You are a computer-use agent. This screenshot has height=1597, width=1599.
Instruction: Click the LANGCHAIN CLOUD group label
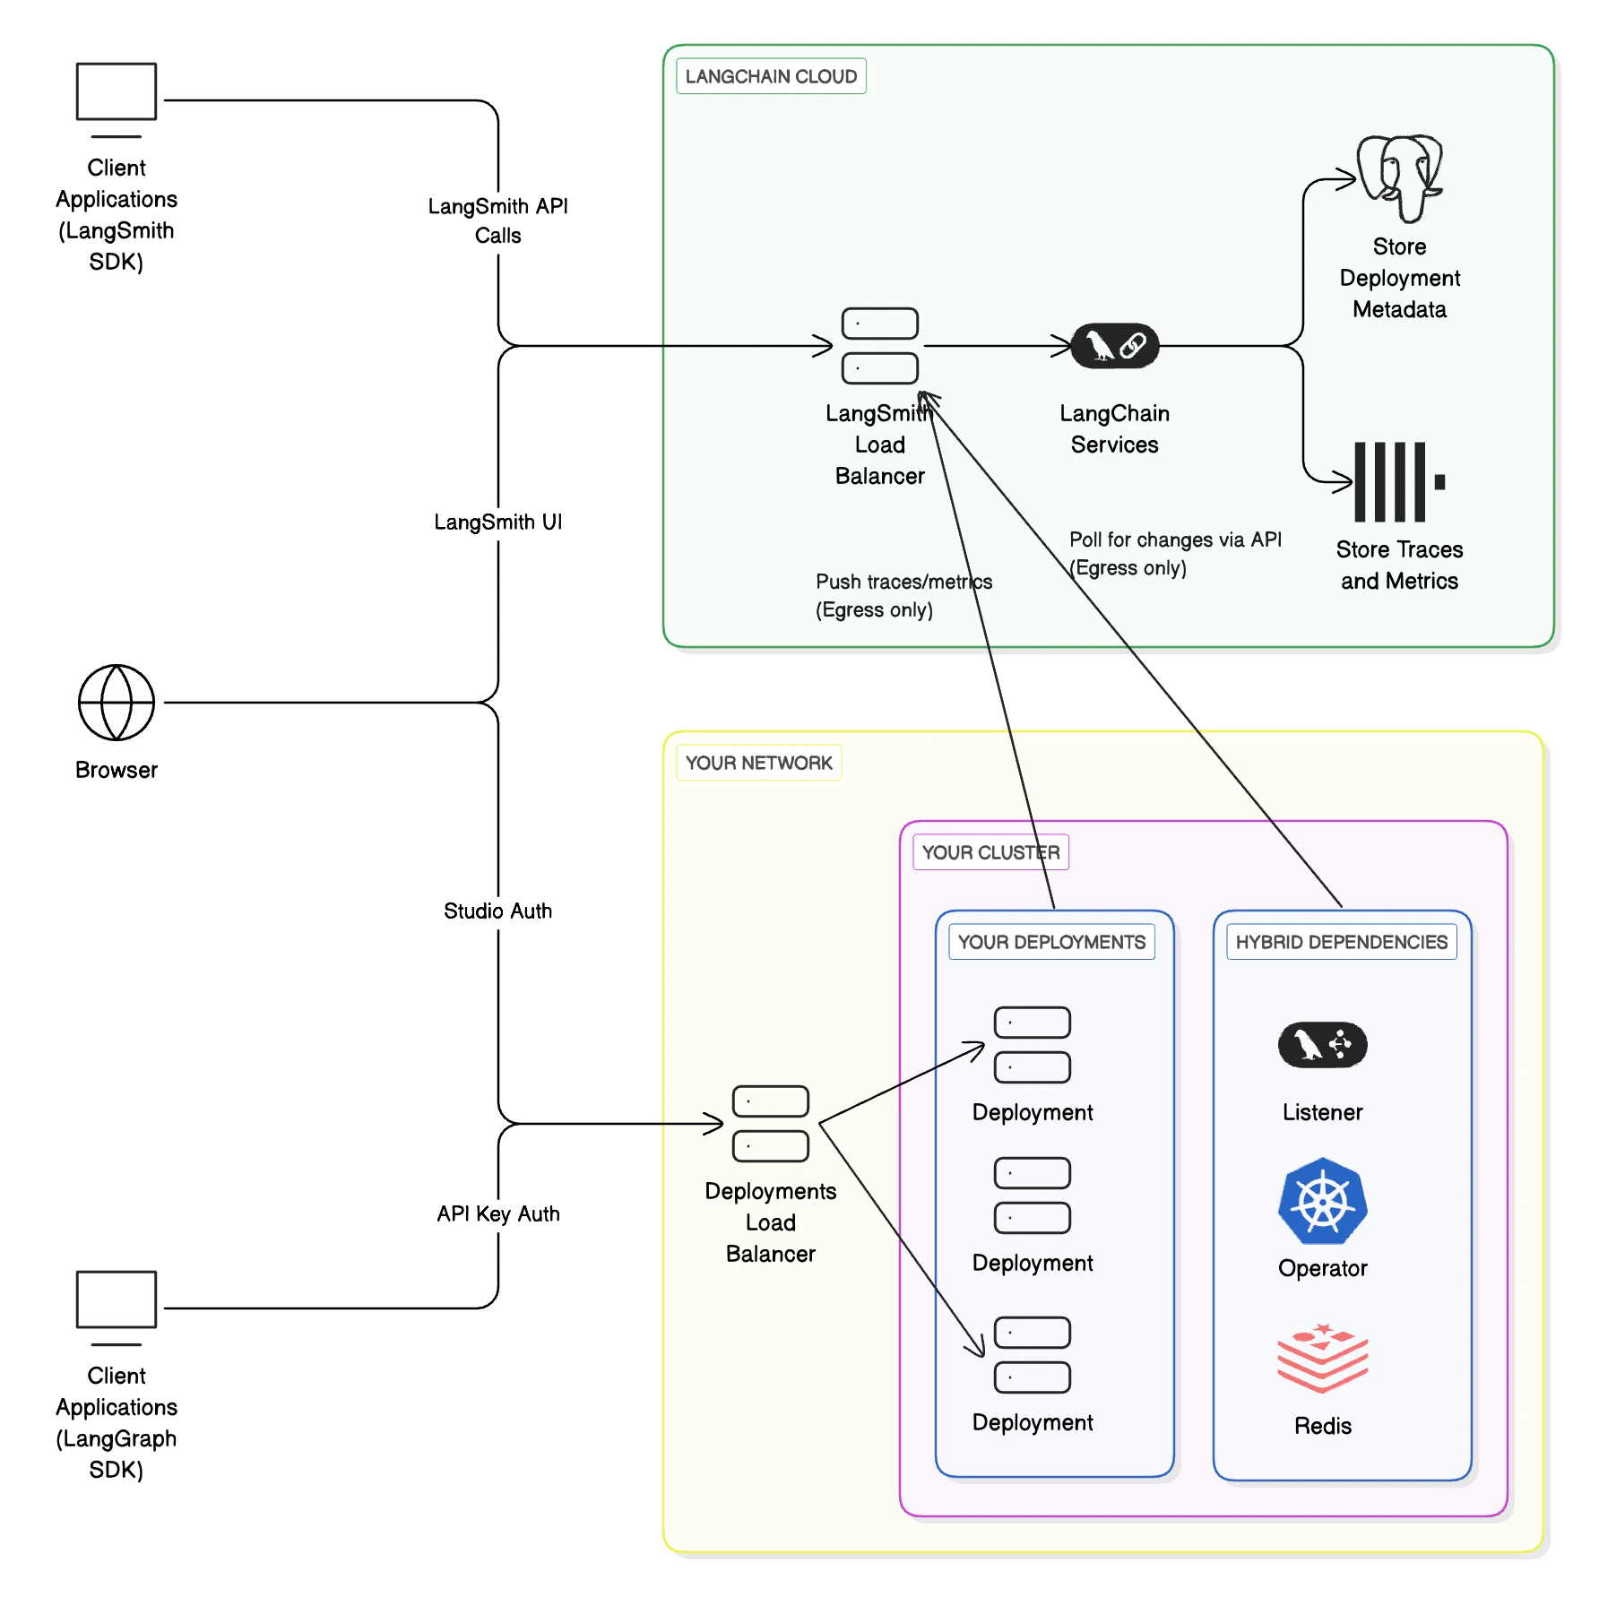coord(771,76)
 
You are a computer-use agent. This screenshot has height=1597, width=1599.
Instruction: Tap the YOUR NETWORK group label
coord(758,763)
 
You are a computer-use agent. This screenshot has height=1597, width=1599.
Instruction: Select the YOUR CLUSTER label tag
coord(990,852)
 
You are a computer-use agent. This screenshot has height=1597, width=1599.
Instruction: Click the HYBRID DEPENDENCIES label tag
coord(1341,942)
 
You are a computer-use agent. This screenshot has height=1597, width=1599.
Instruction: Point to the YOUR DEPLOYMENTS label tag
coord(1051,942)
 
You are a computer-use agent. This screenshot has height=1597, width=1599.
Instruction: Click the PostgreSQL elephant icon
coord(1399,177)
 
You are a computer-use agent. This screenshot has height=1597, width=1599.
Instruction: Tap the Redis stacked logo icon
coord(1322,1358)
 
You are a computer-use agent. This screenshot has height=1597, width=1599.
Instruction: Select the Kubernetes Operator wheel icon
coord(1322,1201)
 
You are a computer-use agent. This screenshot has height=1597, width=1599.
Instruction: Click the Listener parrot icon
coord(1322,1045)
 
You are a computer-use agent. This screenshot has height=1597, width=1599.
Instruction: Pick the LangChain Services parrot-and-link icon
coord(1115,346)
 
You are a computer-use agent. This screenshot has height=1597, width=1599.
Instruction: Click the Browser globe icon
coord(117,703)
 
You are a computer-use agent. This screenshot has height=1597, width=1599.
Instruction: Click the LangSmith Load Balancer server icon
coord(880,346)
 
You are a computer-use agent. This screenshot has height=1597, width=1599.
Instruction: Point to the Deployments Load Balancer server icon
coord(771,1124)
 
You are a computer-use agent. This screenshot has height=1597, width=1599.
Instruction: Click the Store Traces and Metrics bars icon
coord(1397,481)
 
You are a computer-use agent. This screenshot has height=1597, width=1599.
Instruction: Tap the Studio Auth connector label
coord(497,911)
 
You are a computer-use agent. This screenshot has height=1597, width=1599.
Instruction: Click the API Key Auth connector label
coord(497,1214)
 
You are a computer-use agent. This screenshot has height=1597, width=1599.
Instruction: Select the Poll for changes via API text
coord(1174,540)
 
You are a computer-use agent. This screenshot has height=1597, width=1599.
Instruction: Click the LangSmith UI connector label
coord(497,522)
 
